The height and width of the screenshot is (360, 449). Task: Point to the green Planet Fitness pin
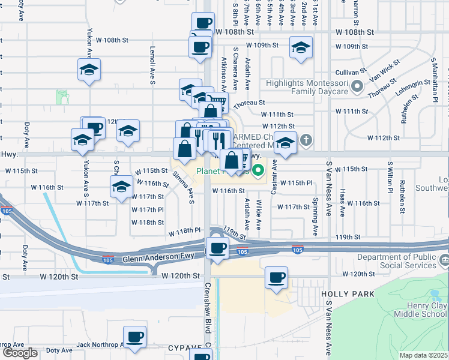(259, 170)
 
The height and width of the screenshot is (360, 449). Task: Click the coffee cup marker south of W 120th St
(276, 278)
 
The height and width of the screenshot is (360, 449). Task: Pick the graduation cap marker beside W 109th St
(301, 47)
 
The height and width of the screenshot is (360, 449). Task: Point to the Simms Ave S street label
(184, 187)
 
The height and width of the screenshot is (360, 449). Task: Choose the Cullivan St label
(349, 71)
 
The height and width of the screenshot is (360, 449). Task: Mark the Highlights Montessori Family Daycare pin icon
(358, 86)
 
